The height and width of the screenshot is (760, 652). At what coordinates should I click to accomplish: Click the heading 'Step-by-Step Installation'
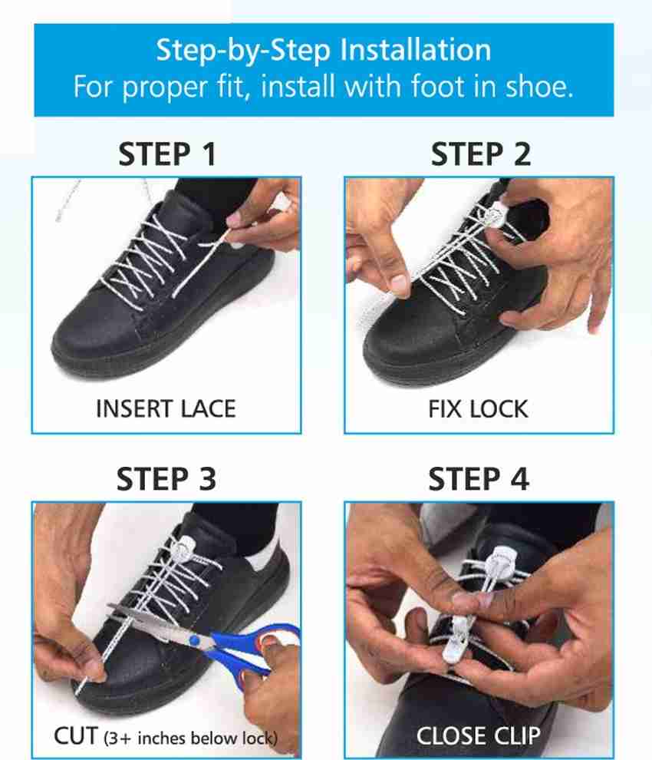(x=323, y=51)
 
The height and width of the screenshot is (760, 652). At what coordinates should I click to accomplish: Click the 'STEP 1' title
(x=166, y=154)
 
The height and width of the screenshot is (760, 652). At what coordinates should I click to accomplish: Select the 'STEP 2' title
(x=480, y=154)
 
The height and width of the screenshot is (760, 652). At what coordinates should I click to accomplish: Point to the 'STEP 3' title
(x=166, y=480)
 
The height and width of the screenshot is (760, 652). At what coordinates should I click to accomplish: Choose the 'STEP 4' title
(x=479, y=480)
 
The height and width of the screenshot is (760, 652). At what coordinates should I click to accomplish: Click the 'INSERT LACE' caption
(x=166, y=409)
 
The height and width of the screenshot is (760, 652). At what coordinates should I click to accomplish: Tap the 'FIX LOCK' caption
(x=478, y=409)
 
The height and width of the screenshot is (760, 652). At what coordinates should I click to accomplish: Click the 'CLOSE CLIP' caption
(x=478, y=735)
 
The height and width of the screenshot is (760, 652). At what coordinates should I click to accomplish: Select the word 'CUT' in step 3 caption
(x=76, y=736)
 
